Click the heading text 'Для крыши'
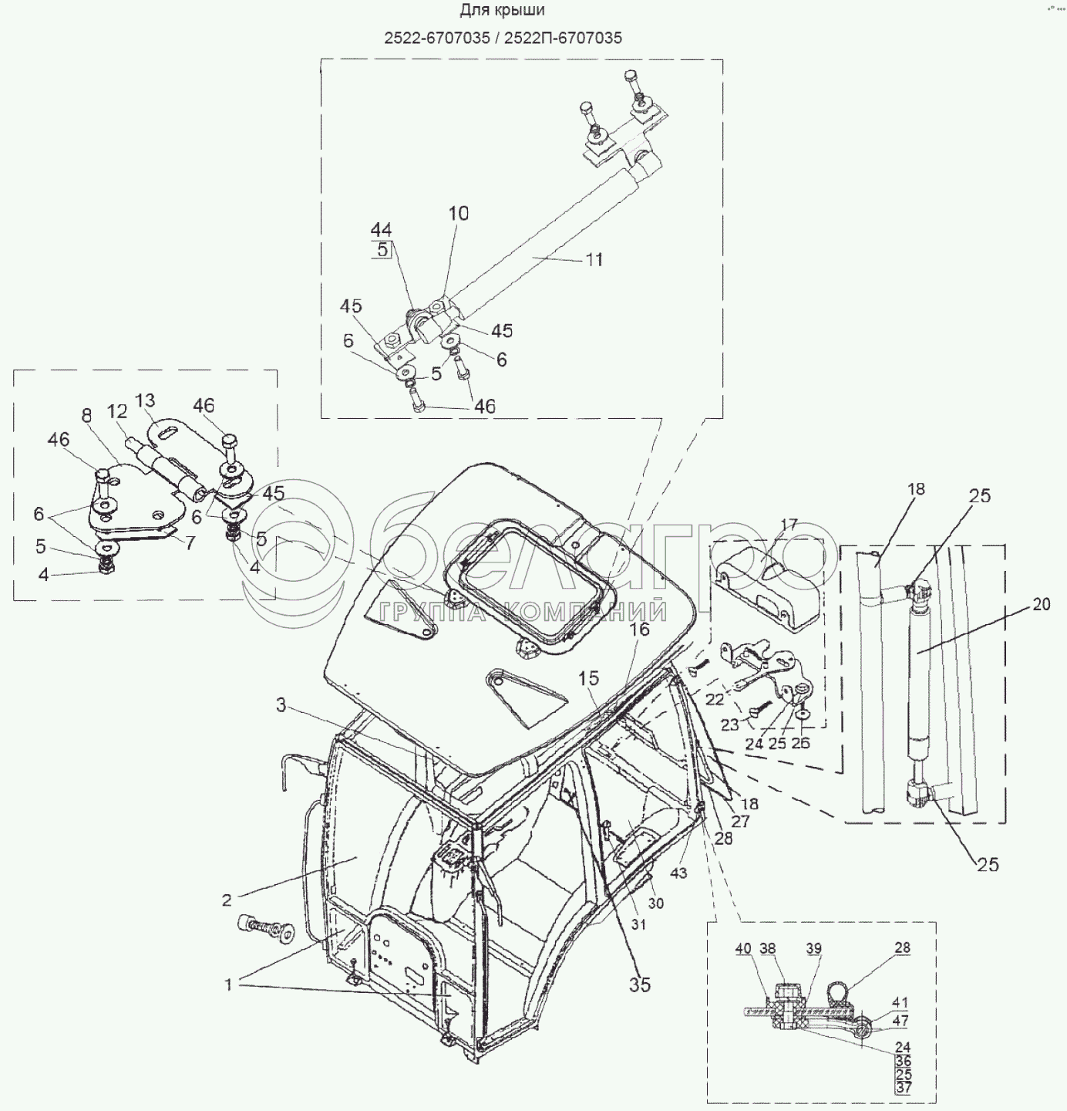[x=502, y=11]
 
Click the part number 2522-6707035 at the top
[x=437, y=38]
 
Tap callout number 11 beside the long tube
[x=594, y=260]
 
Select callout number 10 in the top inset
[x=459, y=214]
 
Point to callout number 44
[x=381, y=230]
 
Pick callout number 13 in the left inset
[x=145, y=400]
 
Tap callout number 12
[x=116, y=412]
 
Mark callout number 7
[x=190, y=542]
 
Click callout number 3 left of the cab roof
[x=281, y=705]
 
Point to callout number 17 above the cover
[x=789, y=525]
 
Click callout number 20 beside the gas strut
[x=1041, y=605]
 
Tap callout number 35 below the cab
[x=640, y=984]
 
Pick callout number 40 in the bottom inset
[x=742, y=948]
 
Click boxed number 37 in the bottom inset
[x=903, y=1087]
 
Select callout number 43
[x=678, y=873]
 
